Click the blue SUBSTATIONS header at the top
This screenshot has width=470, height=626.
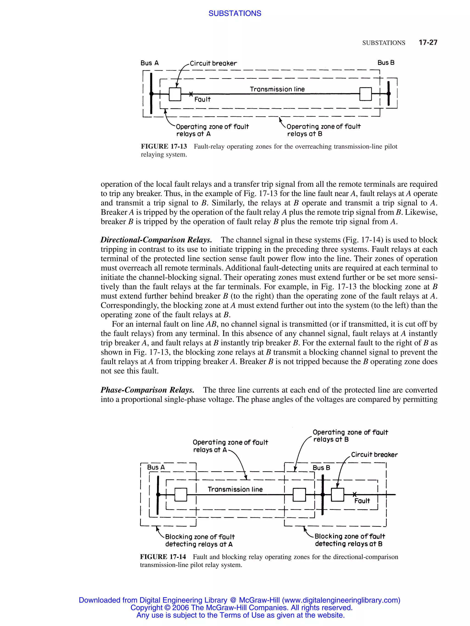pyautogui.click(x=235, y=13)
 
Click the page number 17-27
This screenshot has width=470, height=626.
pyautogui.click(x=428, y=42)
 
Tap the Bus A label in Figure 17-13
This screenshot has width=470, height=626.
pyautogui.click(x=149, y=63)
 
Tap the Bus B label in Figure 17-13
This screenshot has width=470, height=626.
pyautogui.click(x=386, y=63)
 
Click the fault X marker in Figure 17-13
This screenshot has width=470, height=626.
pyautogui.click(x=191, y=94)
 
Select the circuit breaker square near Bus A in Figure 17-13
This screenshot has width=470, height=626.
pyautogui.click(x=175, y=94)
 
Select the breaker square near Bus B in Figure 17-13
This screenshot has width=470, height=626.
pyautogui.click(x=365, y=94)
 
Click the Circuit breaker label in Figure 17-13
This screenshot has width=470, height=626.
pyautogui.click(x=213, y=63)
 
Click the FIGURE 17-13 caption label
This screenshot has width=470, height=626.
pyautogui.click(x=164, y=146)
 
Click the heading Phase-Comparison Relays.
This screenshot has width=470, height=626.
pyautogui.click(x=147, y=390)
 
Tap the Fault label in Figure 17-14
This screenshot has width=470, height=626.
pyautogui.click(x=362, y=501)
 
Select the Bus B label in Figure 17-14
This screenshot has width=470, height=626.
pyautogui.click(x=321, y=467)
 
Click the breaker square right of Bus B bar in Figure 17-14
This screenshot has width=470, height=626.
pyautogui.click(x=337, y=495)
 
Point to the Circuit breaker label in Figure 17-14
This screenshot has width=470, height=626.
pyautogui.click(x=374, y=455)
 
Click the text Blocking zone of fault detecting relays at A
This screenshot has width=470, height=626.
pyautogui.click(x=199, y=540)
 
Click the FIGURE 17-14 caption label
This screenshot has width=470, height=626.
pyautogui.click(x=163, y=557)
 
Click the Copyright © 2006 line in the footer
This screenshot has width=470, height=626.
pyautogui.click(x=241, y=607)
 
